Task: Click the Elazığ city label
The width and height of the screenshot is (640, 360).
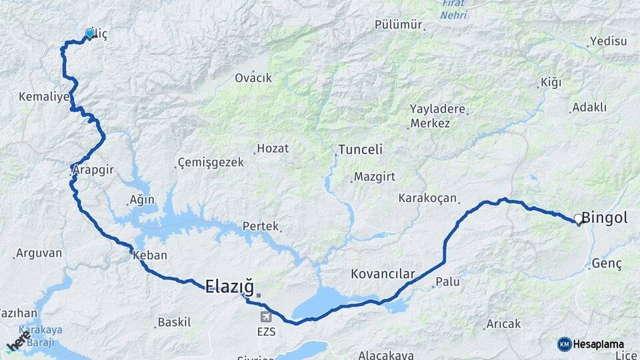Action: coord(229,287)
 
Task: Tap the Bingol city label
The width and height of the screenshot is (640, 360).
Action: coord(605,218)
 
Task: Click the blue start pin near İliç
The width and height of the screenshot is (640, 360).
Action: coord(90,33)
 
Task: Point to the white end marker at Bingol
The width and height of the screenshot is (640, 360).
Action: coord(578,219)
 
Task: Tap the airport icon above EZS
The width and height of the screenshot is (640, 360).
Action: coord(266,315)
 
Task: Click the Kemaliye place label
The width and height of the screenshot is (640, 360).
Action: coord(44,97)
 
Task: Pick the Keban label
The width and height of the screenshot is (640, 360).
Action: coord(150,255)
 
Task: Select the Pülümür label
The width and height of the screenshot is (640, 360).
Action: coord(399,25)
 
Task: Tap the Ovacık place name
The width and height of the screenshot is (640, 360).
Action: coord(253,78)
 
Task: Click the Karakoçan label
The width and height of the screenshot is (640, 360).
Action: coord(427,198)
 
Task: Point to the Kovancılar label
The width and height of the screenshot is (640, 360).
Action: coord(383,274)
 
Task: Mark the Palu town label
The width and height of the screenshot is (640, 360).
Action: coord(448,282)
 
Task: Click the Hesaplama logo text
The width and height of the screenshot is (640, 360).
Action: coord(598,344)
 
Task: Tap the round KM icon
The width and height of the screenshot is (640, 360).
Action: coord(564,344)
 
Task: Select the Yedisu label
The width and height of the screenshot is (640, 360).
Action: coord(609,41)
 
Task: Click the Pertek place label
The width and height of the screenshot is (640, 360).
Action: coord(260,226)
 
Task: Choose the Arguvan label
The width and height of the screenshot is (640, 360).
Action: coord(39,253)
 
